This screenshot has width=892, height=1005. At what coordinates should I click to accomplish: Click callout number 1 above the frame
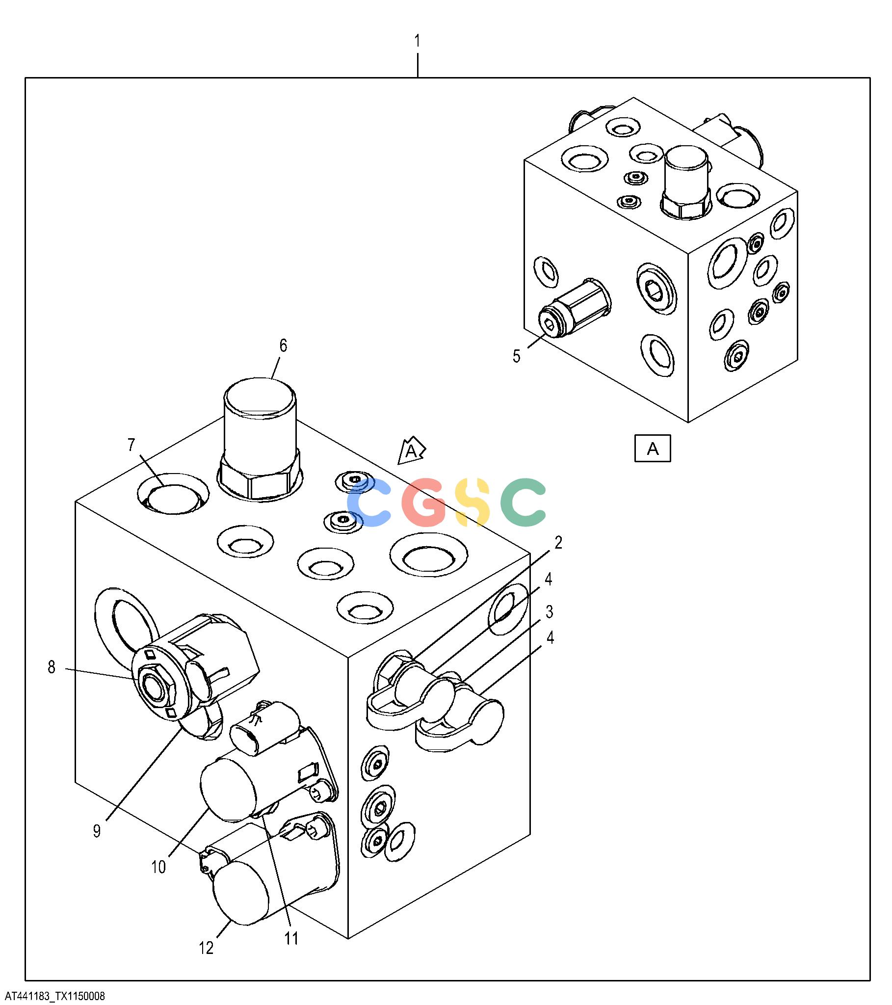click(x=418, y=41)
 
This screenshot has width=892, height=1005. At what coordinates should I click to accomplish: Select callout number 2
click(x=558, y=543)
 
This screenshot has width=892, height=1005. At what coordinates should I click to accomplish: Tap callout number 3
click(x=549, y=612)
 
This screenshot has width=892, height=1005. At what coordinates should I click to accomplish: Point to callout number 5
click(x=516, y=356)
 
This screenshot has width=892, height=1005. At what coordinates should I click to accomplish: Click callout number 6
click(x=283, y=345)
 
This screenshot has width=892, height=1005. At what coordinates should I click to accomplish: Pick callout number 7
click(x=131, y=445)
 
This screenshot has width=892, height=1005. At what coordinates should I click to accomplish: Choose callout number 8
click(x=52, y=667)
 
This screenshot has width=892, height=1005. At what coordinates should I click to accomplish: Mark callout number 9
click(x=97, y=831)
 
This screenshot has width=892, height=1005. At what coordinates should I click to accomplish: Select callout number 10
click(x=158, y=867)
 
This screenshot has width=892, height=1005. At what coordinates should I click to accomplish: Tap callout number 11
click(x=291, y=938)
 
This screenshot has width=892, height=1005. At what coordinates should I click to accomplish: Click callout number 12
click(x=207, y=948)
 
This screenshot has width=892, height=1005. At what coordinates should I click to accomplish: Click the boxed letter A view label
click(x=653, y=448)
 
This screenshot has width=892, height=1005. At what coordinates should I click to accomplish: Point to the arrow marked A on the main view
click(x=411, y=450)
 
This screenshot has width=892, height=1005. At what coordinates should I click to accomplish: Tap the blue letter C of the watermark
click(x=369, y=502)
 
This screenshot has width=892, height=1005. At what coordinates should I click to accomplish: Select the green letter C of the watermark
click(x=523, y=502)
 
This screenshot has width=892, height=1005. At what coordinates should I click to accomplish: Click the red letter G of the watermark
click(x=424, y=502)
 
